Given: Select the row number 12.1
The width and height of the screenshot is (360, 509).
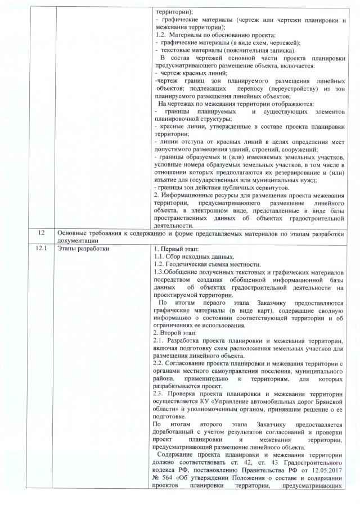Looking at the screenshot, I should coord(39,248).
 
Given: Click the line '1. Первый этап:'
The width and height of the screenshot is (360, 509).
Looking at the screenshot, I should coord(173,248).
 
